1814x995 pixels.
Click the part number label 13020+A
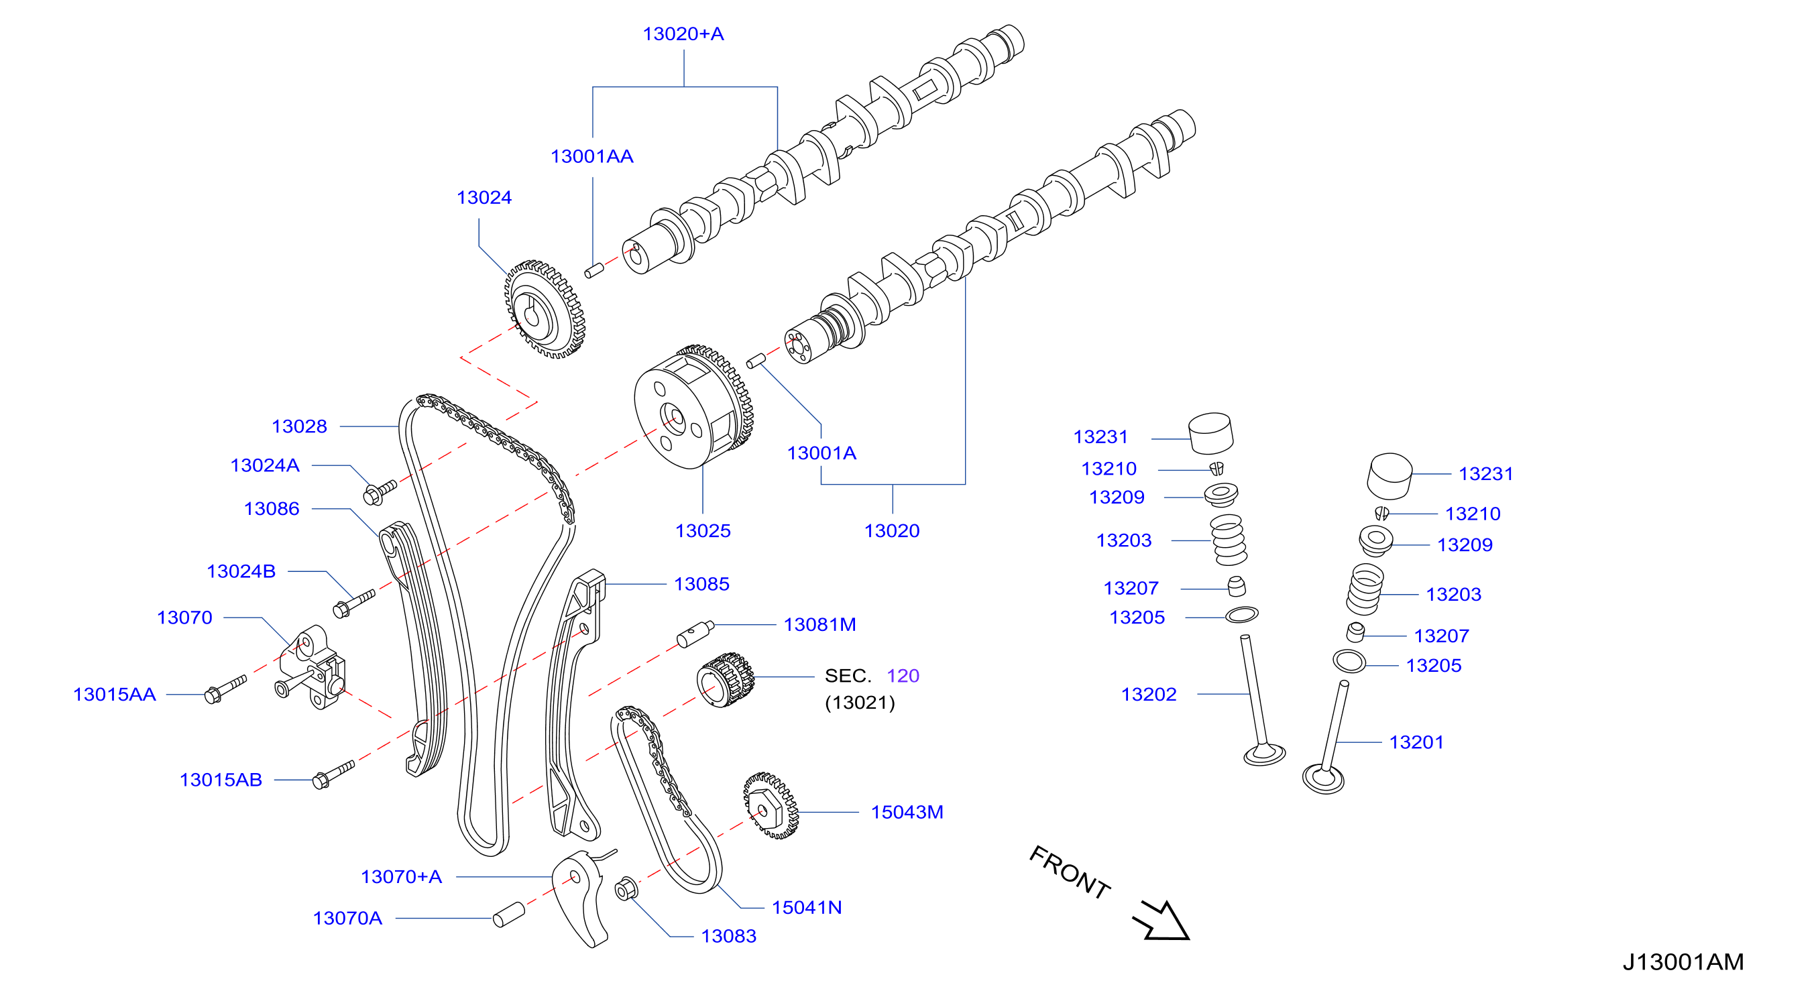coord(683,34)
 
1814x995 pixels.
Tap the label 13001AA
coord(591,156)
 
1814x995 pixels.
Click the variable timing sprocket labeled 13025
coord(693,407)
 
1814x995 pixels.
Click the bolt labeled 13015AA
coord(225,689)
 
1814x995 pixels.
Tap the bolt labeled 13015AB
coord(333,774)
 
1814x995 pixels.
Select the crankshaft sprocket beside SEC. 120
coord(726,679)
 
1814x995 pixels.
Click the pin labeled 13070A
coord(508,915)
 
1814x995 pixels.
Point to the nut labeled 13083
coord(625,888)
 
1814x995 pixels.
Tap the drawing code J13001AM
coord(1683,962)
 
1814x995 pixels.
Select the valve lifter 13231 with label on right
coord(1390,476)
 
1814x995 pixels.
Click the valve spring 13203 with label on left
coord(1229,540)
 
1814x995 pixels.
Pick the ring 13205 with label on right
coord(1349,662)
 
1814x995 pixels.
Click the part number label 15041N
coord(807,908)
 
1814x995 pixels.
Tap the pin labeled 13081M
coord(695,634)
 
